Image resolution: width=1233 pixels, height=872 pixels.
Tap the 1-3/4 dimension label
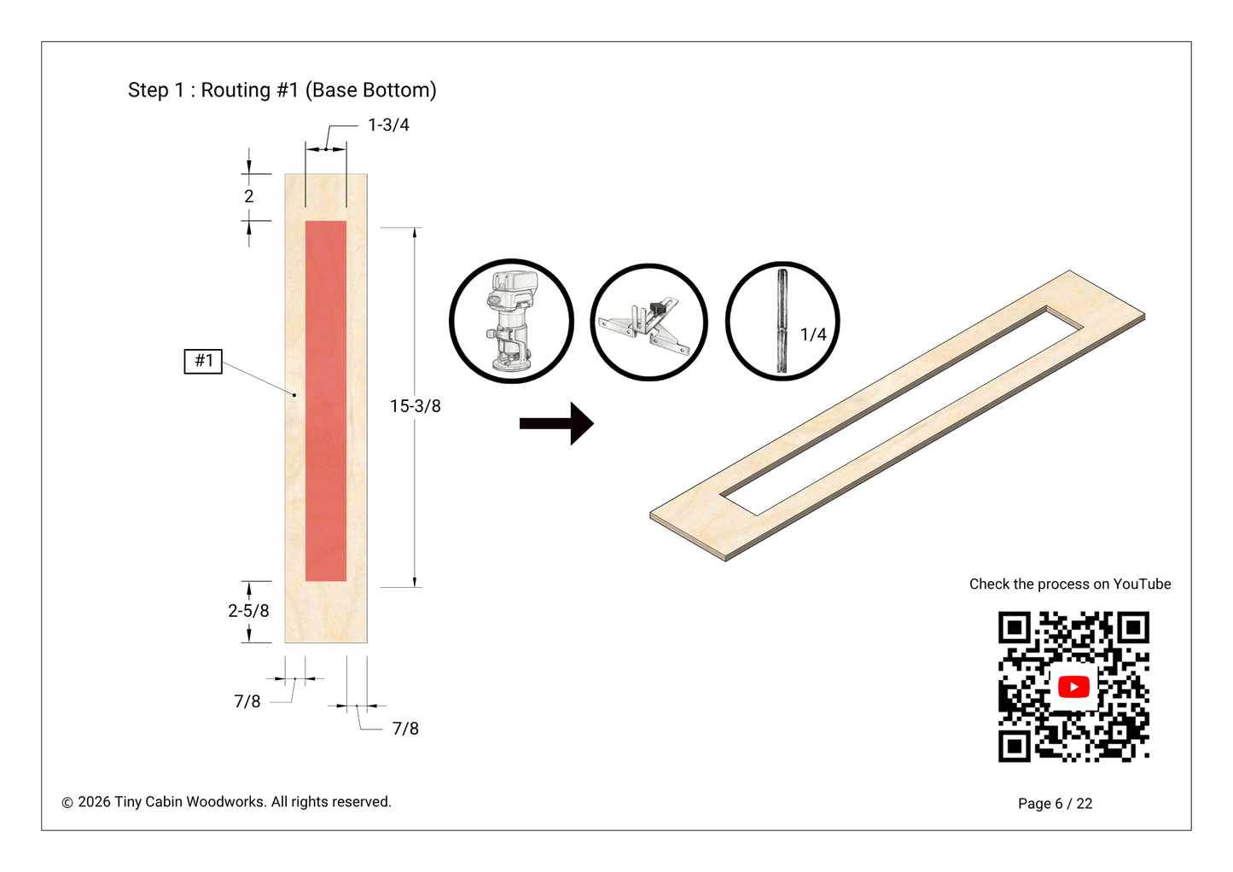388,125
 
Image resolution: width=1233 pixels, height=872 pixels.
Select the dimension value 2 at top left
248,196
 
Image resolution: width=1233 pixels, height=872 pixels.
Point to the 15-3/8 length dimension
416,406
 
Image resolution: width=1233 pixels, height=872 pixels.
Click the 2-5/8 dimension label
248,611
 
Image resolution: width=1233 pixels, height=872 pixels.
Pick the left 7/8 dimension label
247,701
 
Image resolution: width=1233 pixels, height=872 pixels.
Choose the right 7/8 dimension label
405,729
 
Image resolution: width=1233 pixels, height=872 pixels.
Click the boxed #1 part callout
203,361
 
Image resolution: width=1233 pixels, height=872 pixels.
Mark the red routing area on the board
326,401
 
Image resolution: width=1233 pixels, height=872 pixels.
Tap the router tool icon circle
511,322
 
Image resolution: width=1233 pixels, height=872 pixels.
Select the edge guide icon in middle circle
648,323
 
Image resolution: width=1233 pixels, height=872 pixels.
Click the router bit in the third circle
782,322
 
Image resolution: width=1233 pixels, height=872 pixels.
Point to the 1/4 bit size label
813,334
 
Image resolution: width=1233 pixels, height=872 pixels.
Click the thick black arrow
556,423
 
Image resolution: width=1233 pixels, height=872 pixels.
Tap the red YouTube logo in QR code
1073,687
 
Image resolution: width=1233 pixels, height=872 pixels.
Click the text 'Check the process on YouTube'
1070,584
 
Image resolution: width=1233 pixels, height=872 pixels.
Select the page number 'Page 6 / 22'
1055,804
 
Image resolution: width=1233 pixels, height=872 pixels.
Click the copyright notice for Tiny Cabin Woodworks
226,802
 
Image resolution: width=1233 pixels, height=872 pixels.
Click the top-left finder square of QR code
1015,629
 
